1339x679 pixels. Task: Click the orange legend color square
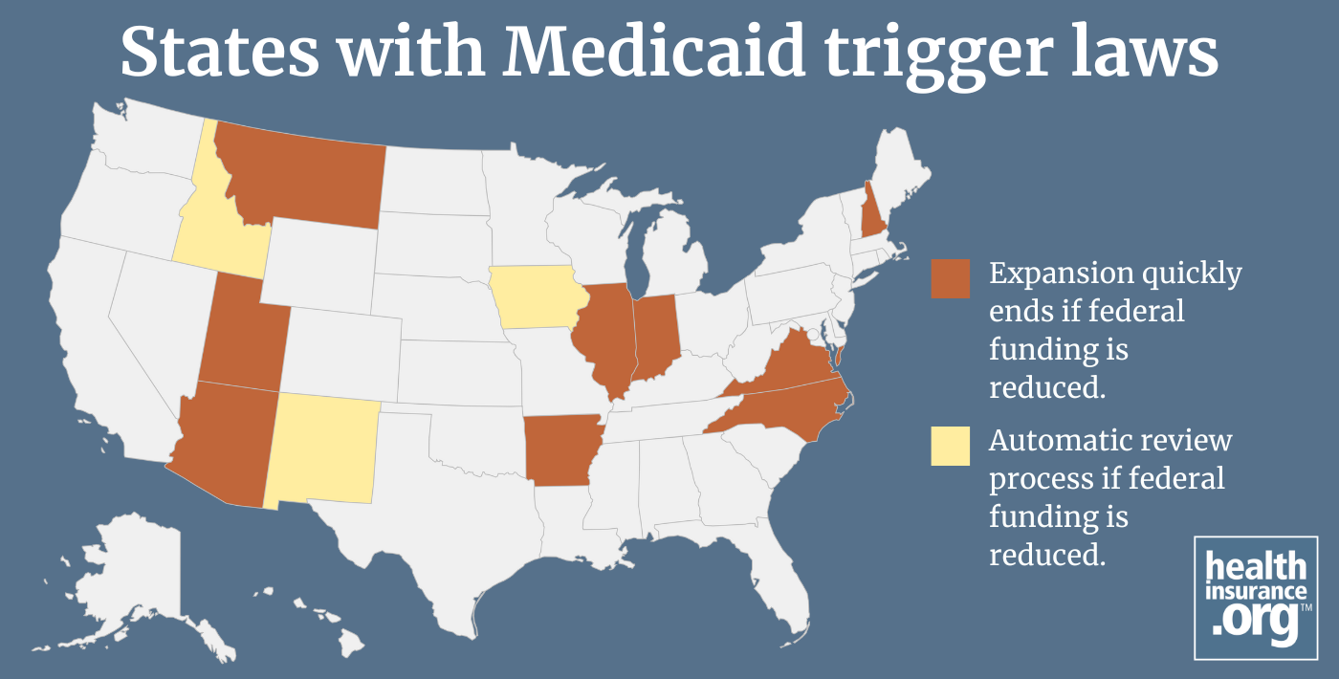click(950, 279)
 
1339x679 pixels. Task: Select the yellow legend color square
click(950, 447)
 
